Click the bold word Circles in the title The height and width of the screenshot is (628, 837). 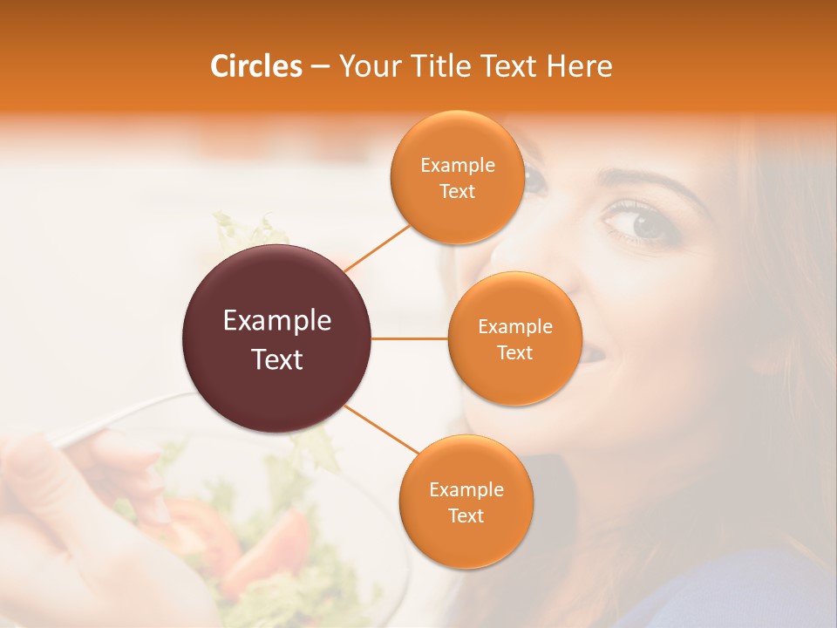pos(255,66)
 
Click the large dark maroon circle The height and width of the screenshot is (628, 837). pos(277,338)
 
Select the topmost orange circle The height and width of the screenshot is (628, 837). pos(457,177)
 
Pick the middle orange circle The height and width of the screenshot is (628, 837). pos(514,338)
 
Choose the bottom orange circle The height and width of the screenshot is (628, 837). pos(466,502)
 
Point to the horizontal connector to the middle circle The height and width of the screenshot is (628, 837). pos(410,338)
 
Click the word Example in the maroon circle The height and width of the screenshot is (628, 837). pos(277,321)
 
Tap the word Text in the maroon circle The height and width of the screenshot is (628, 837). pos(277,359)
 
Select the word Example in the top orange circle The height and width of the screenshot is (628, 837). pos(458,166)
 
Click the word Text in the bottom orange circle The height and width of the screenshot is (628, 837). pos(466,515)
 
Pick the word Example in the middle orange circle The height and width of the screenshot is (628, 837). pos(515,327)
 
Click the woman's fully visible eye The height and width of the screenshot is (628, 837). pos(645,222)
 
